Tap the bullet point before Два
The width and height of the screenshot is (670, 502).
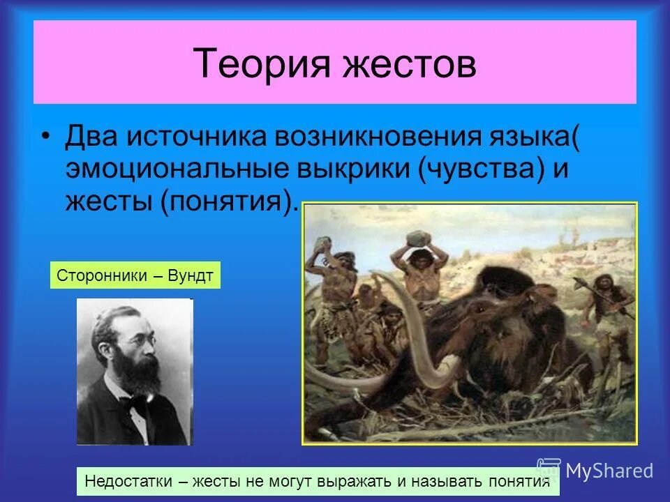[x=46, y=136]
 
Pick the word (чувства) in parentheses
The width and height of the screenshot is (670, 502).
[x=482, y=169]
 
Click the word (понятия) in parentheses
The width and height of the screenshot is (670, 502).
[x=224, y=202]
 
